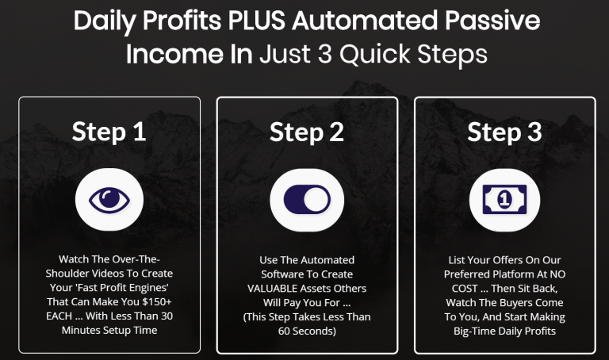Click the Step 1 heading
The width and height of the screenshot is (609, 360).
click(x=109, y=132)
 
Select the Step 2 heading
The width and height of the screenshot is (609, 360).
click(x=307, y=132)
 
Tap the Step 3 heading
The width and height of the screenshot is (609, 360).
click(x=504, y=132)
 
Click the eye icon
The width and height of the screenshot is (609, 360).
click(x=109, y=200)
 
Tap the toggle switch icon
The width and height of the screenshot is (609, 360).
click(x=307, y=200)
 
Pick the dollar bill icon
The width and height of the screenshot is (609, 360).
click(x=504, y=200)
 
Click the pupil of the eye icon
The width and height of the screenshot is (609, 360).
click(x=110, y=198)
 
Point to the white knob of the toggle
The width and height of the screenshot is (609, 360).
click(x=316, y=200)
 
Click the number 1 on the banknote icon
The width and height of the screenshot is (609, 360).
click(x=504, y=200)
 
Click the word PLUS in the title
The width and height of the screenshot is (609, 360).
click(x=256, y=20)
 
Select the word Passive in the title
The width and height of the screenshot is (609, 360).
click(x=492, y=20)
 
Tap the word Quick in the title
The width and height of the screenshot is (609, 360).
click(x=375, y=54)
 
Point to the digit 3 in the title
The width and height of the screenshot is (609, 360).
click(x=325, y=54)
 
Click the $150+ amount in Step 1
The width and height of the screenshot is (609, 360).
click(x=157, y=302)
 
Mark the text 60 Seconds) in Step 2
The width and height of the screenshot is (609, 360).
click(x=307, y=331)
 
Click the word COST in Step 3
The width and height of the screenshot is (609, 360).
click(x=465, y=289)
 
